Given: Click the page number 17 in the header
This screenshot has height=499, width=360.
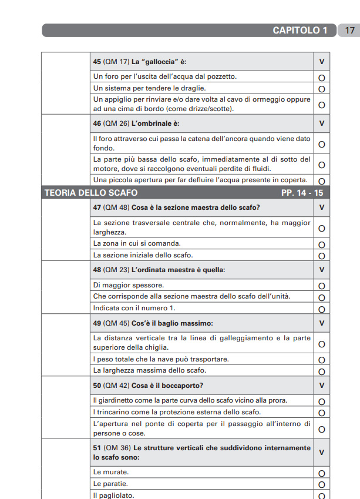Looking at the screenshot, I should click(x=349, y=31).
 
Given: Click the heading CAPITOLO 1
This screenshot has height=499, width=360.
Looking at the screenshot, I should click(x=300, y=31).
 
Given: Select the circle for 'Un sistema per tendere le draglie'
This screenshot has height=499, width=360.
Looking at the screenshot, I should click(x=321, y=89).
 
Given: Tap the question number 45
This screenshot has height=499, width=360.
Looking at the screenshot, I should click(x=97, y=61).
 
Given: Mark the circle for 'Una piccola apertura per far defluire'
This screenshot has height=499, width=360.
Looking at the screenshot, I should click(x=321, y=181).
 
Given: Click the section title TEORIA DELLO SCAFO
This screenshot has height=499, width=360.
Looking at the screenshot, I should click(x=91, y=193).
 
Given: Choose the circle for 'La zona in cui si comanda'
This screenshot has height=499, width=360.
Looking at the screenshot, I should click(x=321, y=245).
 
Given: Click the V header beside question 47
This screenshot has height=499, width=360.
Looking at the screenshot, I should click(x=321, y=207).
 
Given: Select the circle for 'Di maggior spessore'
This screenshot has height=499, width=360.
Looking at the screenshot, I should click(x=321, y=286).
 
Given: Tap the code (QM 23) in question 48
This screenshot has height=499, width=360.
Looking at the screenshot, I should click(x=116, y=270).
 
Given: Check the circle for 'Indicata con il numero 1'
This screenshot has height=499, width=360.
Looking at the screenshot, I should click(x=321, y=309).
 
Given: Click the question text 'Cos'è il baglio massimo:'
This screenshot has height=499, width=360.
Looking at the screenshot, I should click(x=172, y=323).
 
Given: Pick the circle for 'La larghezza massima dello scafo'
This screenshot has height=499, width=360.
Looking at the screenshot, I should click(x=321, y=371).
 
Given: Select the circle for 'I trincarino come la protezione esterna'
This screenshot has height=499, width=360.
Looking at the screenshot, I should click(x=321, y=413).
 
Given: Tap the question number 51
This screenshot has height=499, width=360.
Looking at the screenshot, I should click(x=97, y=447).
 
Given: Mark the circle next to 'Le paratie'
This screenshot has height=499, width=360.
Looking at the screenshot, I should click(x=321, y=485).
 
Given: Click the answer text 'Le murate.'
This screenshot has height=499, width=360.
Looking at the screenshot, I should click(x=111, y=472).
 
